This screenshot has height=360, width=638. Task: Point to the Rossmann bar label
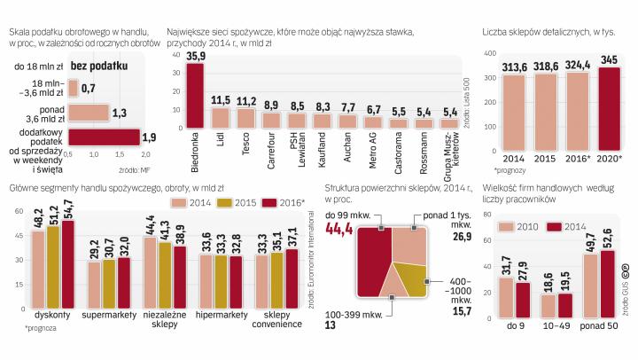(x=425, y=146)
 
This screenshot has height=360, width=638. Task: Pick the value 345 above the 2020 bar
(x=605, y=60)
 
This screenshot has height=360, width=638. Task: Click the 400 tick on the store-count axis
(x=486, y=53)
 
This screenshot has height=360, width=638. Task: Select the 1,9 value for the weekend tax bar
(x=150, y=137)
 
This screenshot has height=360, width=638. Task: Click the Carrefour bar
(x=272, y=121)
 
